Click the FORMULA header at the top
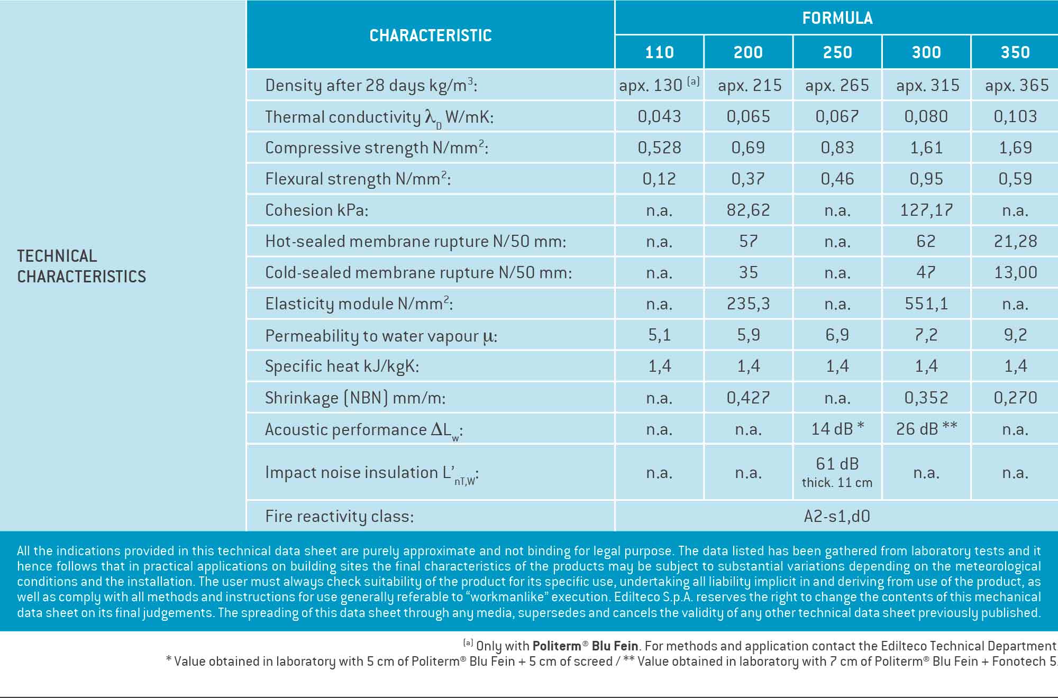837,18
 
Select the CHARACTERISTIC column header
431,35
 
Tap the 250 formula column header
837,52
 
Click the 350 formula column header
1015,52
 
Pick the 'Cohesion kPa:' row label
316,210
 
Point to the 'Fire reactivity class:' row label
339,516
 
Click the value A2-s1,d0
837,516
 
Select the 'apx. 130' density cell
659,85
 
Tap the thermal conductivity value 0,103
1015,116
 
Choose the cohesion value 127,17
926,210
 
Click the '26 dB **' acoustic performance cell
926,428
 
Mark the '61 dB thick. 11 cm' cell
837,472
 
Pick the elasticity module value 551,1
926,304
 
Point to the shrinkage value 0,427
748,397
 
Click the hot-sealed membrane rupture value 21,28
1015,241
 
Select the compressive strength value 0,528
659,148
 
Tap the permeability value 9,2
1015,335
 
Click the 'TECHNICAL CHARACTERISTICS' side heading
81,266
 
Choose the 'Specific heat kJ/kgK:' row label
342,366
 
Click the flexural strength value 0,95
926,179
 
